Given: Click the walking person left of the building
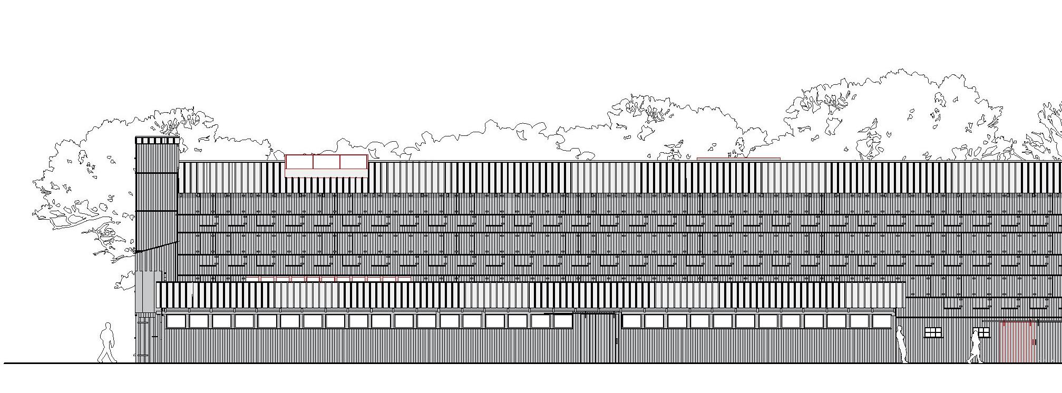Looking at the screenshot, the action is pos(108,343).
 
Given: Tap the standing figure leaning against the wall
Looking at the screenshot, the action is pos(901,345).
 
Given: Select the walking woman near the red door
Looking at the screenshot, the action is pos(975,346).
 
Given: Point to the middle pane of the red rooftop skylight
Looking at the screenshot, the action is pos(326,162).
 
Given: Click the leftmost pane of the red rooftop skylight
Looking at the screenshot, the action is pos(299,162).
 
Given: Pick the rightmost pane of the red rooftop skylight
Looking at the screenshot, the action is pos(354,162).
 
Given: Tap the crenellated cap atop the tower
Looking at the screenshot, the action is pos(158,140).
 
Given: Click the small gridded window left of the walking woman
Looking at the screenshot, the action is pos(933,332).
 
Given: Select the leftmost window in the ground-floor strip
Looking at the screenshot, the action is pos(176,321).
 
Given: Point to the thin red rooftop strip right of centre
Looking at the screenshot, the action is pos(738,158).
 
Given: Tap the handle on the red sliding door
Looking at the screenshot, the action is pos(1035,342).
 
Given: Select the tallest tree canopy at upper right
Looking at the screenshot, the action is pos(896,111).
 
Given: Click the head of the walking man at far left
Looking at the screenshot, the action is pos(108,327).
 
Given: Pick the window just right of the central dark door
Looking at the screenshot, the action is pos(631,321).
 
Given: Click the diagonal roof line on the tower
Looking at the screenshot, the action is pos(157,247).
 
